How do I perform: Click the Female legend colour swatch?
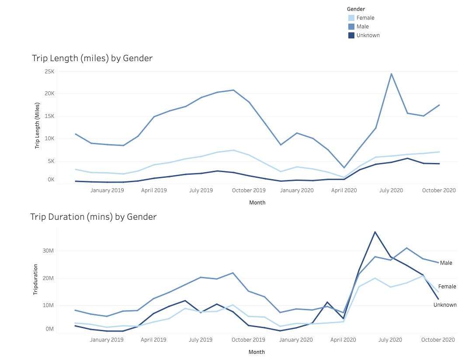pyautogui.click(x=351, y=18)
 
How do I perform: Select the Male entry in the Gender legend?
pyautogui.click(x=362, y=27)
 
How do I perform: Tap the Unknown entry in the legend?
pyautogui.click(x=368, y=35)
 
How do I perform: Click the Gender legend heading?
pyautogui.click(x=356, y=9)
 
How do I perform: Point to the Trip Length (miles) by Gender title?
pyautogui.click(x=92, y=58)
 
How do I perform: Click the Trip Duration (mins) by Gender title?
pyautogui.click(x=93, y=217)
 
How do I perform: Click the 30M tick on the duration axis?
pyautogui.click(x=48, y=251)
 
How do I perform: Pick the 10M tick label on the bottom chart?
pyautogui.click(x=48, y=305)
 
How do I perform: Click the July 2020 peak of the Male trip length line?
pyautogui.click(x=392, y=74)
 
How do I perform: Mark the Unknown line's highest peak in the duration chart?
pyautogui.click(x=375, y=232)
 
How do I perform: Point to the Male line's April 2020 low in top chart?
pyautogui.click(x=344, y=168)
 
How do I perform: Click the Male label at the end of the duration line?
pyautogui.click(x=446, y=263)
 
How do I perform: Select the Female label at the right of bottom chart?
pyautogui.click(x=447, y=287)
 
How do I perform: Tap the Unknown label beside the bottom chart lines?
pyautogui.click(x=445, y=305)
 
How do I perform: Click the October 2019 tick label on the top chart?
pyautogui.click(x=249, y=190)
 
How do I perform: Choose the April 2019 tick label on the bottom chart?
pyautogui.click(x=153, y=340)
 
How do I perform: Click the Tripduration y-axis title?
pyautogui.click(x=36, y=279)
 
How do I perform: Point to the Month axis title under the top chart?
pyautogui.click(x=257, y=203)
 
